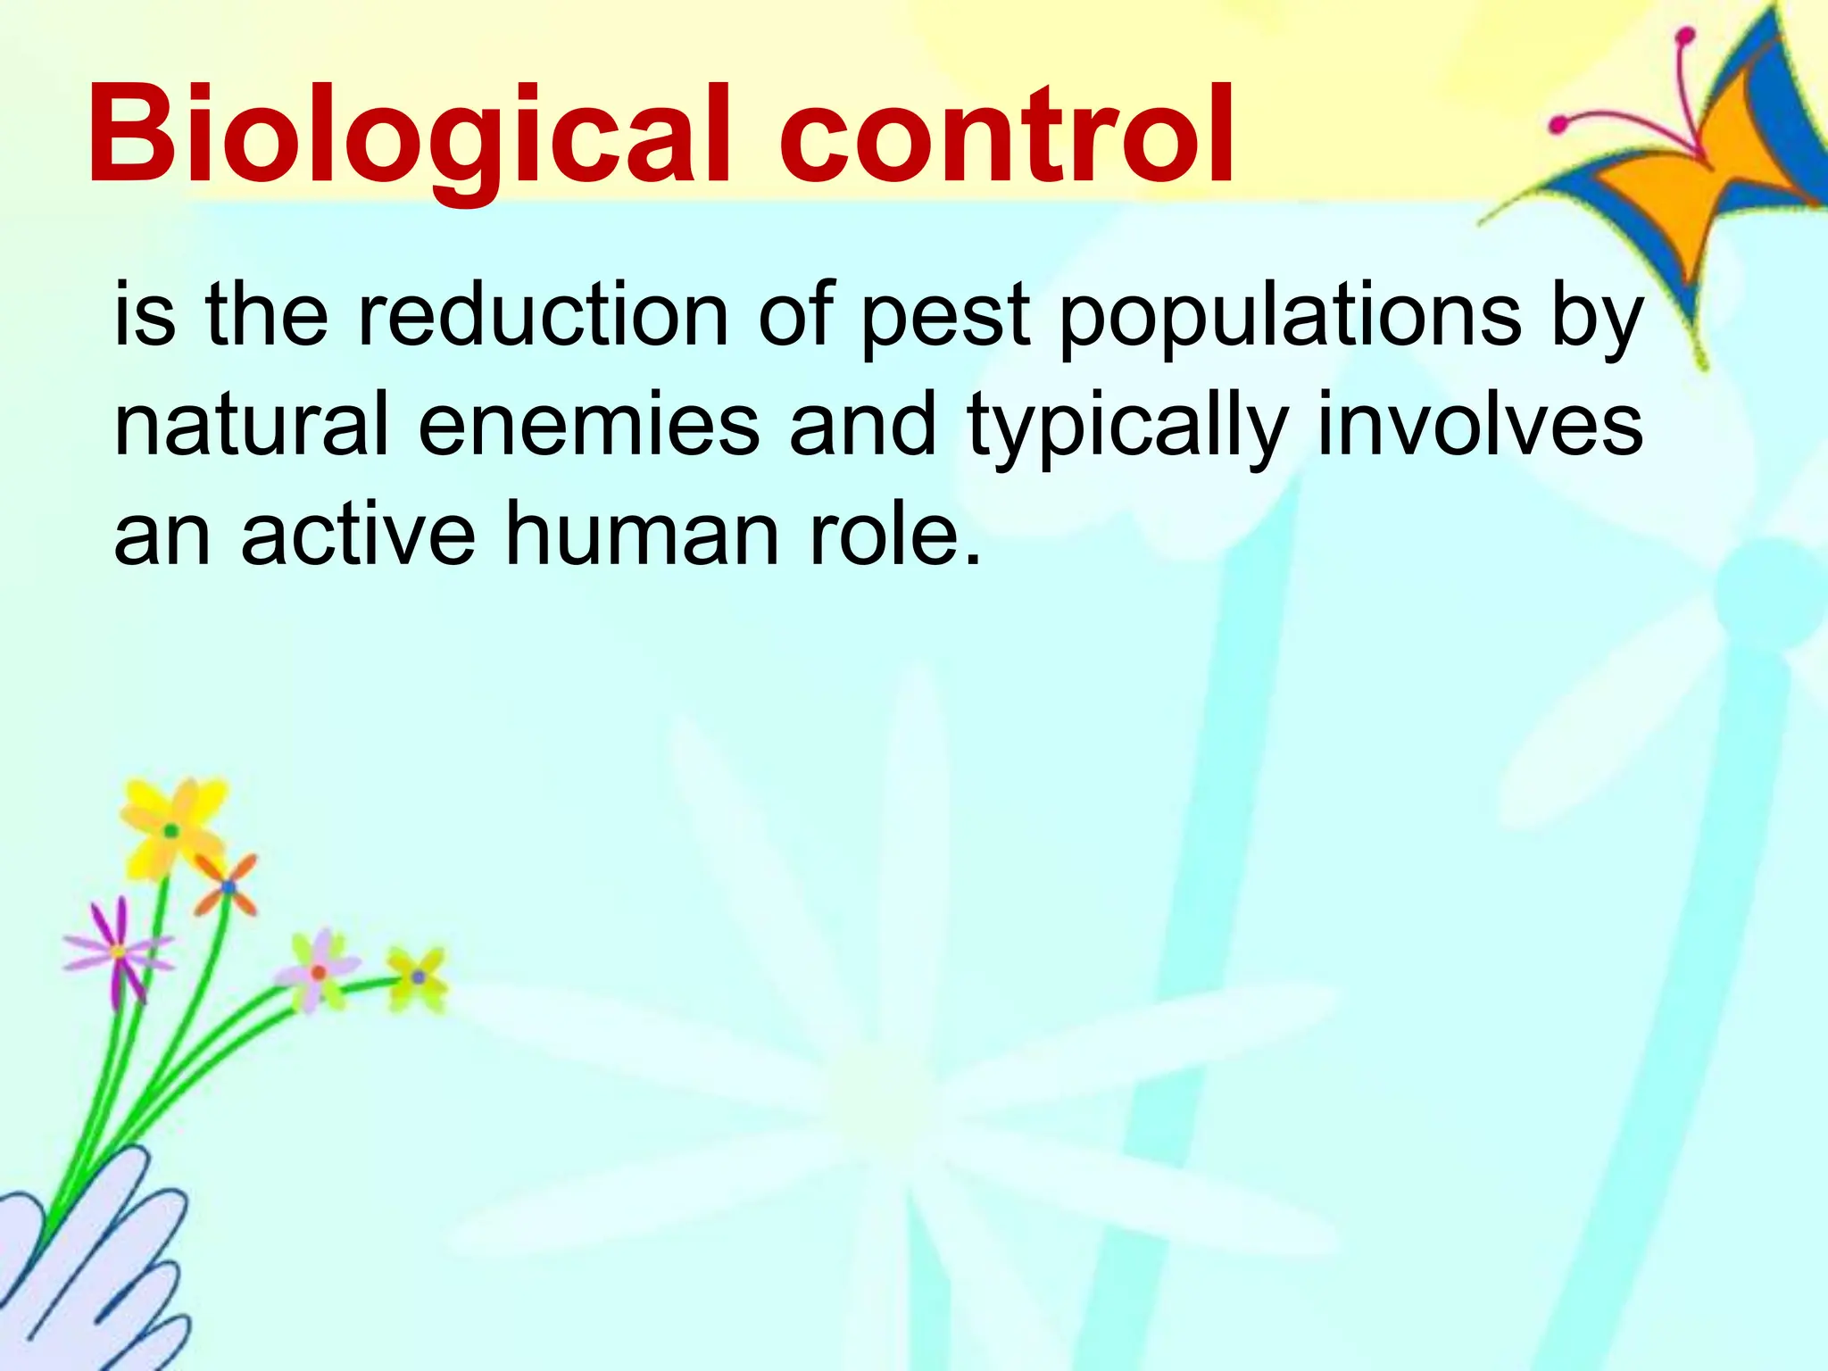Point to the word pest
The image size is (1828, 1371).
[x=945, y=320]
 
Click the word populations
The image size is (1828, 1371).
[x=1291, y=320]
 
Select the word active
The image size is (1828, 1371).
[x=358, y=534]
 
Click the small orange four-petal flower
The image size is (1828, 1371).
[x=228, y=885]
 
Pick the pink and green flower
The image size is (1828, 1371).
[x=318, y=971]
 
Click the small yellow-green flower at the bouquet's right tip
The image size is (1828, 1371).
[x=418, y=976]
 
